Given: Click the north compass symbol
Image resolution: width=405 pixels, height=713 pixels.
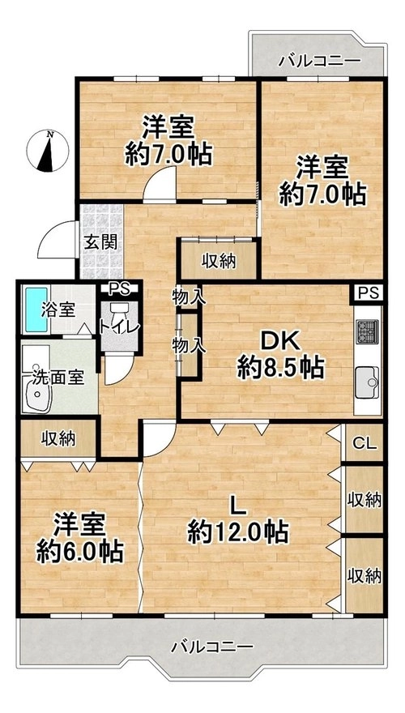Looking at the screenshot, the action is pyautogui.click(x=48, y=151).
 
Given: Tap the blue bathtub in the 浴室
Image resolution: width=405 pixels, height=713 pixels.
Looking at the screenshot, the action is pyautogui.click(x=36, y=310).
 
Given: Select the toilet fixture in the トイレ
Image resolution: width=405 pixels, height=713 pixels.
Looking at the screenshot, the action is pyautogui.click(x=120, y=318).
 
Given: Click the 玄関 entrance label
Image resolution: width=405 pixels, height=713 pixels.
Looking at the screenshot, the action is pyautogui.click(x=100, y=242).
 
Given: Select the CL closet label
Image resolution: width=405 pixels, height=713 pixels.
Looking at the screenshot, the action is pyautogui.click(x=365, y=444).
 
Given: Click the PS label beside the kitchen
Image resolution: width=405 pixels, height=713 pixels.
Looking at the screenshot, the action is pyautogui.click(x=369, y=293).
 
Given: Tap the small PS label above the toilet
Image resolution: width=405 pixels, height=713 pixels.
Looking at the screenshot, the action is pyautogui.click(x=120, y=288).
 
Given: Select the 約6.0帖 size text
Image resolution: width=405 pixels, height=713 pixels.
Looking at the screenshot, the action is pyautogui.click(x=79, y=551).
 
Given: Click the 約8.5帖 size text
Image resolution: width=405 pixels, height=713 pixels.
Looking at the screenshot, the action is pyautogui.click(x=280, y=368).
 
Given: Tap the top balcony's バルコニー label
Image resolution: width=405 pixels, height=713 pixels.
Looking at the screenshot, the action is pyautogui.click(x=320, y=61).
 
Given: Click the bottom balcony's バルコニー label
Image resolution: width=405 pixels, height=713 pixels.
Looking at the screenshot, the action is pyautogui.click(x=212, y=647).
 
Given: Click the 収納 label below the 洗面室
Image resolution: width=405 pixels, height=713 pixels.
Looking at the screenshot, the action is pyautogui.click(x=59, y=439).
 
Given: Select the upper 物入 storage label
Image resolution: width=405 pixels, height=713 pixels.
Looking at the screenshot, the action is pyautogui.click(x=189, y=298).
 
